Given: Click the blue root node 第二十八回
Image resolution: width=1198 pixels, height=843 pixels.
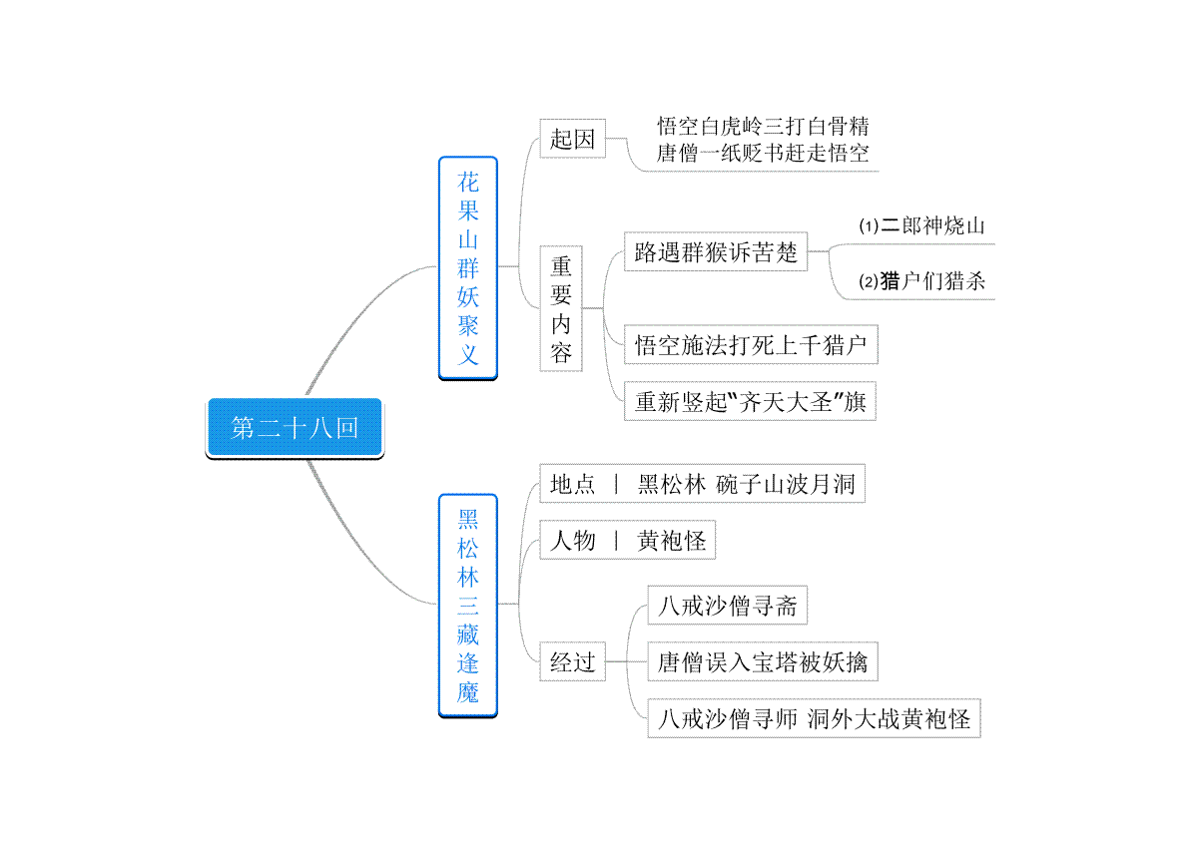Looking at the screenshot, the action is pyautogui.click(x=295, y=428).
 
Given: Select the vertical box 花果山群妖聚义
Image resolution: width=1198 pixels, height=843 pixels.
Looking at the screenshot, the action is pyautogui.click(x=468, y=268).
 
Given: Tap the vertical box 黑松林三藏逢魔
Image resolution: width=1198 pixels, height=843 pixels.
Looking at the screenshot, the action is pyautogui.click(x=468, y=606).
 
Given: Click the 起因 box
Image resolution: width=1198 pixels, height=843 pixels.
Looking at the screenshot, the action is pyautogui.click(x=572, y=139).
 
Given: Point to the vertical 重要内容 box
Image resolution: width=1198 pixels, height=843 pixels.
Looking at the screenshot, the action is pyautogui.click(x=561, y=308).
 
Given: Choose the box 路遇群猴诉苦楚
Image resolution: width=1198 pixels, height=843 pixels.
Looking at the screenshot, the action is pyautogui.click(x=716, y=251).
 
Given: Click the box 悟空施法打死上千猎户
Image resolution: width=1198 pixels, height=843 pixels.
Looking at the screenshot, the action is pyautogui.click(x=751, y=345).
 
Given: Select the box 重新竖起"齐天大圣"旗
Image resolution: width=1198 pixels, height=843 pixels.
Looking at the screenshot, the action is pyautogui.click(x=750, y=401).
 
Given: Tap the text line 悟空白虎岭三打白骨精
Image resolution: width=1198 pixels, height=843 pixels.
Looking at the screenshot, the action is pyautogui.click(x=763, y=127).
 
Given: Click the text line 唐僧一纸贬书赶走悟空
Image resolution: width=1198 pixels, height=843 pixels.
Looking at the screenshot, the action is pyautogui.click(x=763, y=154).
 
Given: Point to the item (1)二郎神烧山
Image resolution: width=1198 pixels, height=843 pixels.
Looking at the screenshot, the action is pyautogui.click(x=921, y=225).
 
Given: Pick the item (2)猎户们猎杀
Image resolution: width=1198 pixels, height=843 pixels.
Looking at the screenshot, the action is pyautogui.click(x=921, y=281).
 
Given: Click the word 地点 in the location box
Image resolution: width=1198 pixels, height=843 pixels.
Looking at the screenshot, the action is pyautogui.click(x=572, y=484).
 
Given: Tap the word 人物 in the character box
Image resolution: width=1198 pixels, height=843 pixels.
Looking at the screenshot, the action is pyautogui.click(x=572, y=541).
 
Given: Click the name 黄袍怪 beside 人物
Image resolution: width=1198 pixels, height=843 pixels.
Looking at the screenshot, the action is pyautogui.click(x=671, y=541).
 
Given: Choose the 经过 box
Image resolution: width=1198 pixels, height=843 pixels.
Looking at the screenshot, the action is pyautogui.click(x=572, y=661).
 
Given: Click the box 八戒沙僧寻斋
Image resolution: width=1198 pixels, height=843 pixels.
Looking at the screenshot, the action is pyautogui.click(x=728, y=606).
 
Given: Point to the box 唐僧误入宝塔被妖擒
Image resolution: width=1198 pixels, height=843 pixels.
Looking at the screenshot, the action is pyautogui.click(x=763, y=661).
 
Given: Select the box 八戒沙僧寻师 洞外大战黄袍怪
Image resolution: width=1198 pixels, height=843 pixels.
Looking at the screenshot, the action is pyautogui.click(x=814, y=718).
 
